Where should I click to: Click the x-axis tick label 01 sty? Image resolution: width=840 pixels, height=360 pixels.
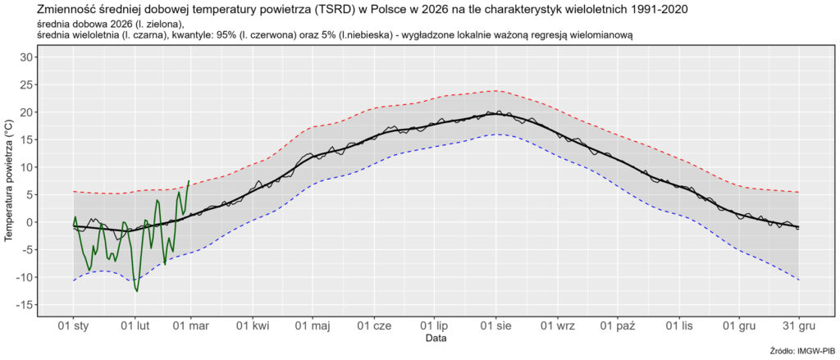pyautogui.click(x=73, y=326)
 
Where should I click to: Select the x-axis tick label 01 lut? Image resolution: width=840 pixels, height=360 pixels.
pyautogui.click(x=134, y=326)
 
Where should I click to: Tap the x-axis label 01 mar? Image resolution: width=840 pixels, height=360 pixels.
pyautogui.click(x=191, y=326)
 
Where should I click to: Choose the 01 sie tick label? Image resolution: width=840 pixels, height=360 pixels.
pyautogui.click(x=495, y=326)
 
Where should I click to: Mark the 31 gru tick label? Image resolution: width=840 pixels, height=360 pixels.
pyautogui.click(x=799, y=326)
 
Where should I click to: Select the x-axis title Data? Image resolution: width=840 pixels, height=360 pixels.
pyautogui.click(x=436, y=338)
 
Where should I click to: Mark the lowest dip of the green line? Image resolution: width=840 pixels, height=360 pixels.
pyautogui.click(x=137, y=290)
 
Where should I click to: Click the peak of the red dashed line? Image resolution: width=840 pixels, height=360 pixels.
pyautogui.click(x=495, y=90)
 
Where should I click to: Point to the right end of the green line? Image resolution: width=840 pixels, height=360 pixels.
pyautogui.click(x=189, y=181)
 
